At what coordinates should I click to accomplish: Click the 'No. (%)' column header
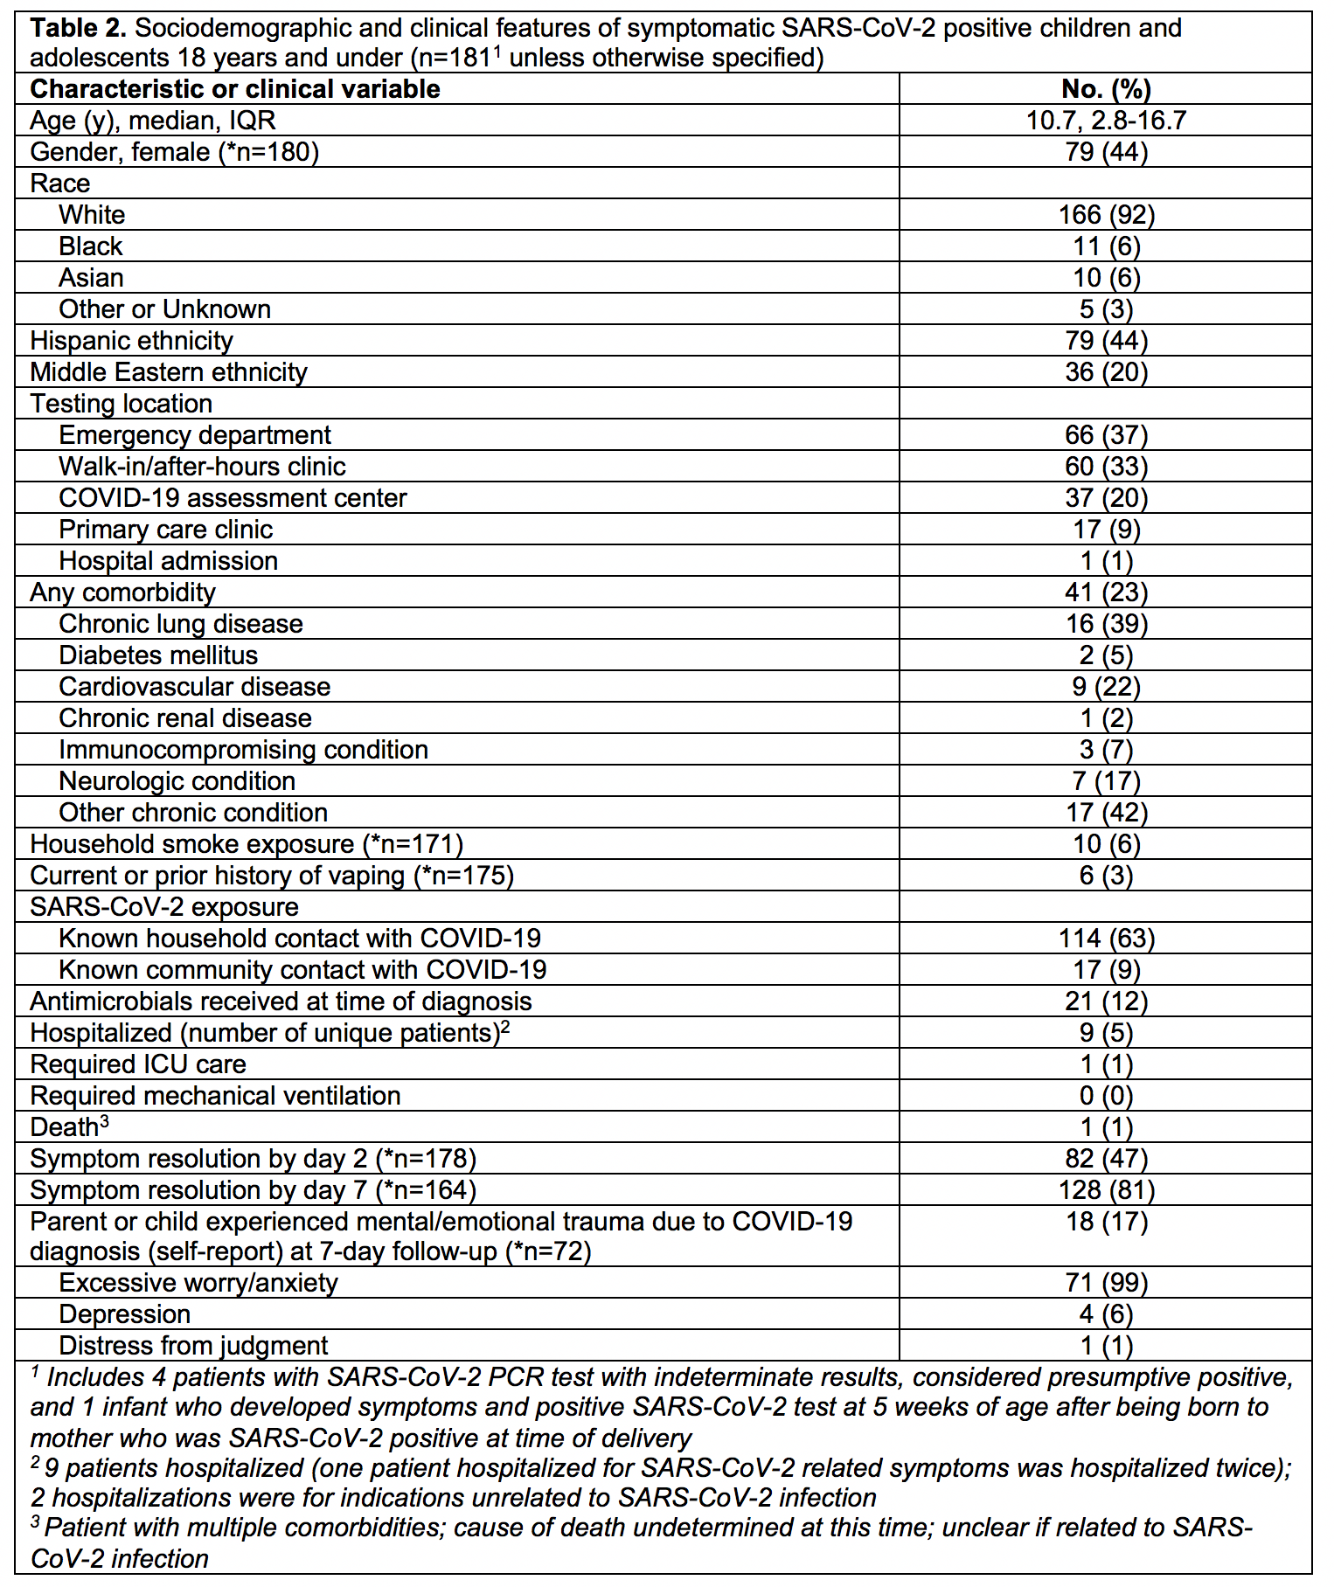(x=1106, y=89)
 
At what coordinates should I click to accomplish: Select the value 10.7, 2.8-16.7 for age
(x=1106, y=121)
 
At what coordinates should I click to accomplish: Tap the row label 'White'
(x=92, y=215)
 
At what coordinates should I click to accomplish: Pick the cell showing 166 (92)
(x=1106, y=215)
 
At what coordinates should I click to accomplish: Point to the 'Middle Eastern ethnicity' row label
(x=169, y=372)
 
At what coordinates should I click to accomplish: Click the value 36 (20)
(x=1106, y=372)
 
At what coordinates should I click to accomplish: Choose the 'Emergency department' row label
(x=195, y=435)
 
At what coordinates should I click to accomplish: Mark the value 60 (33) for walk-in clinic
(x=1106, y=467)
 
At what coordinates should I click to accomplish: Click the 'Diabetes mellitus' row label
(x=158, y=655)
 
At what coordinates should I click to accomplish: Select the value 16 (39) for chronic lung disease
(x=1106, y=624)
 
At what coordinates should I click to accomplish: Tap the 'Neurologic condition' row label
(x=177, y=781)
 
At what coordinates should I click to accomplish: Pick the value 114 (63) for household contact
(x=1106, y=939)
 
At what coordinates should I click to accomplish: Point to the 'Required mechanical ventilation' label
(x=215, y=1096)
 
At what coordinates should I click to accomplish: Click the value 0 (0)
(x=1106, y=1096)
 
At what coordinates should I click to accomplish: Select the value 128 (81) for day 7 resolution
(x=1106, y=1190)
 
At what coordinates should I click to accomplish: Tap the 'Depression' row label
(x=124, y=1314)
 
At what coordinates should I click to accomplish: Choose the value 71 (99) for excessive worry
(x=1106, y=1283)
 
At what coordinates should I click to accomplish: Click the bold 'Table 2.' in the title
(x=79, y=29)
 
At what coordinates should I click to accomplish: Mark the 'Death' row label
(x=65, y=1127)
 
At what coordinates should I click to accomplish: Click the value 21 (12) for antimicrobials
(x=1106, y=1001)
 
